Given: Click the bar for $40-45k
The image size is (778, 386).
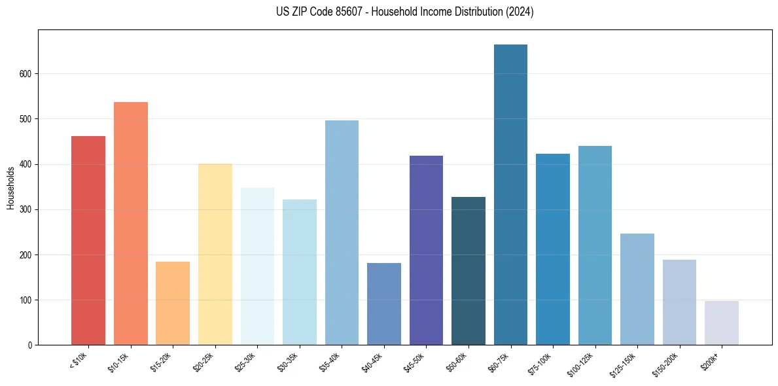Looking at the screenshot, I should point(384,304).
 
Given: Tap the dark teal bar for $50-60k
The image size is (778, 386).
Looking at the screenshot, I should point(469,271).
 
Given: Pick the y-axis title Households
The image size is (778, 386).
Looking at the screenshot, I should point(11,188).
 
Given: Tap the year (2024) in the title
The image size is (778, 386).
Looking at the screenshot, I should point(520,12).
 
